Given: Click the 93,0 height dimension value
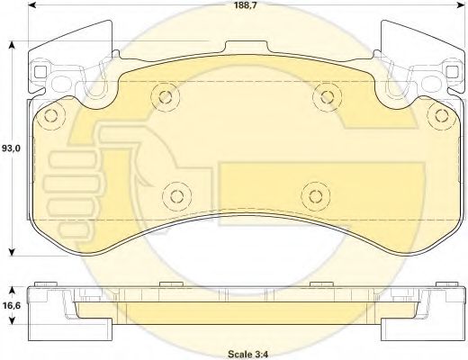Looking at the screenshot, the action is [11, 148].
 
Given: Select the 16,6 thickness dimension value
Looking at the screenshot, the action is [12, 306].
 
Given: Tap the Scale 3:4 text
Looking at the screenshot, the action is [248, 354].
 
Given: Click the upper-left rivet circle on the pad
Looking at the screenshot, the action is [166, 96].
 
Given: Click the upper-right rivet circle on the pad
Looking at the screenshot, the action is [327, 96].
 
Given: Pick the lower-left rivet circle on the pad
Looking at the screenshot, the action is [176, 196].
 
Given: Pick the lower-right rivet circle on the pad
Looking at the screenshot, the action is [316, 196].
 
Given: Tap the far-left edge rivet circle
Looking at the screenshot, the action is [51, 116].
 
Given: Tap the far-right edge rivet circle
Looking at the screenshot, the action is [442, 116].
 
